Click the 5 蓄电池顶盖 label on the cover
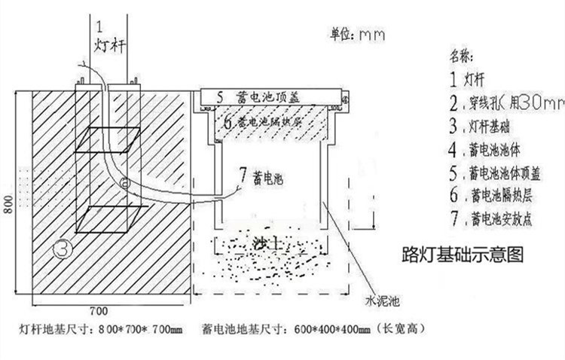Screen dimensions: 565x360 (253, 96)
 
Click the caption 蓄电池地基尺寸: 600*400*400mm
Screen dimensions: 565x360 (317, 329)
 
